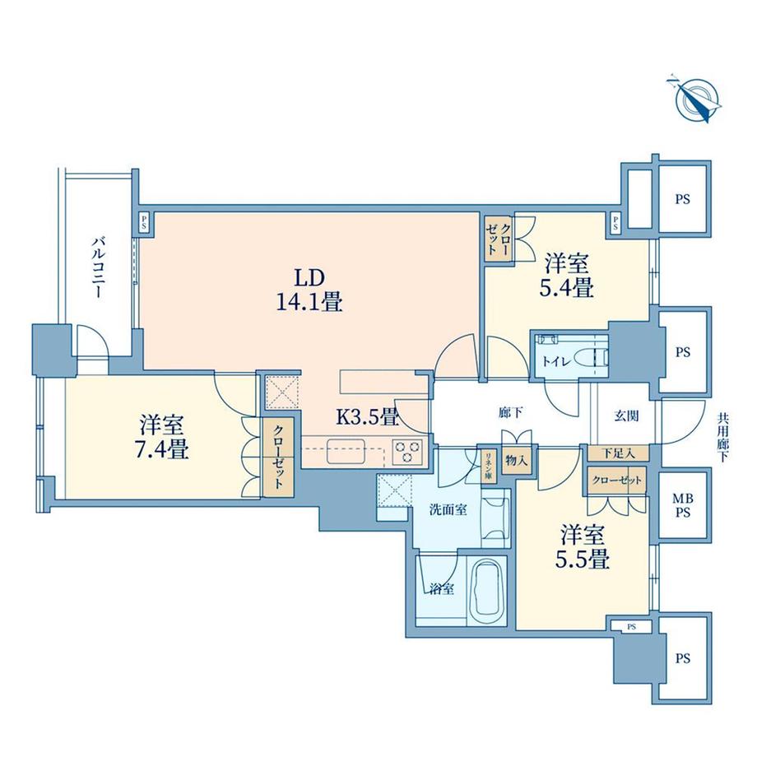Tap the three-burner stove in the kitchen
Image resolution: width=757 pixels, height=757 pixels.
click(407, 451)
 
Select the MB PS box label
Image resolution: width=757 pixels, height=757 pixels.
click(684, 503)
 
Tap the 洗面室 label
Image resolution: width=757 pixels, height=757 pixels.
click(449, 509)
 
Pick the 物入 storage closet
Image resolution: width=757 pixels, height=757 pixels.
click(516, 462)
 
